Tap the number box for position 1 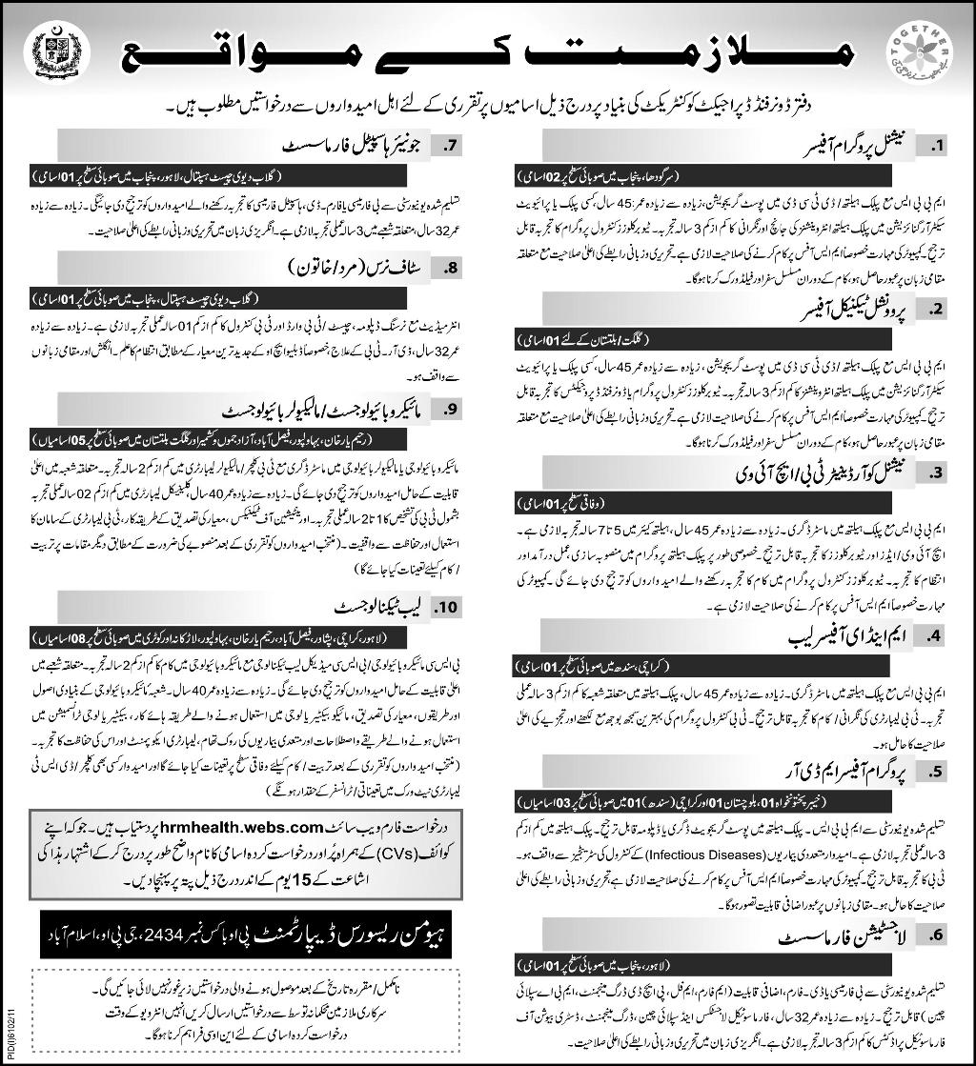[x=936, y=147]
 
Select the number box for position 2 [x=936, y=308]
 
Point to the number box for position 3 [x=936, y=471]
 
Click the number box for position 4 [x=936, y=633]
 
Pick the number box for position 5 [x=936, y=771]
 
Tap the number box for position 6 [x=936, y=935]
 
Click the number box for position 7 [x=447, y=147]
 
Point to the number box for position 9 [x=447, y=411]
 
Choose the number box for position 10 [x=447, y=604]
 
